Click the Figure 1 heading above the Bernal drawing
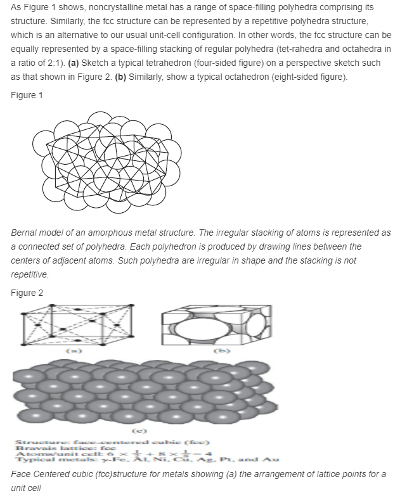click(27, 94)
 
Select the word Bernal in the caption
click(25, 233)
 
